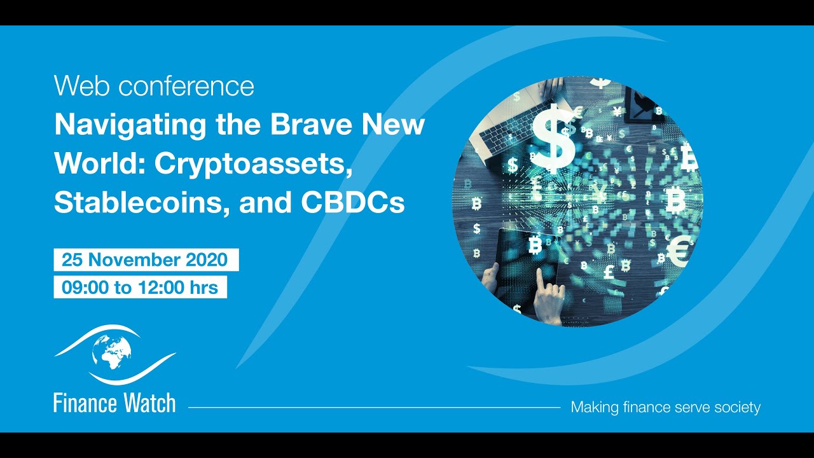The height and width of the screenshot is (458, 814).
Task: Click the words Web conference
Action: (x=154, y=86)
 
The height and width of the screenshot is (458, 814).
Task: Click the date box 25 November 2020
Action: (x=146, y=260)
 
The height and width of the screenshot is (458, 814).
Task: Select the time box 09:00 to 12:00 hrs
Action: (x=140, y=288)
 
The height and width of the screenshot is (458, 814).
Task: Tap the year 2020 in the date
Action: (x=206, y=260)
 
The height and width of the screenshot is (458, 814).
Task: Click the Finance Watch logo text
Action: (x=114, y=403)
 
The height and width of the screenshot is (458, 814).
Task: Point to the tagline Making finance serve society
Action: (x=665, y=407)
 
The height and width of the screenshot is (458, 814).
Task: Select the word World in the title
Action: (x=99, y=163)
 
